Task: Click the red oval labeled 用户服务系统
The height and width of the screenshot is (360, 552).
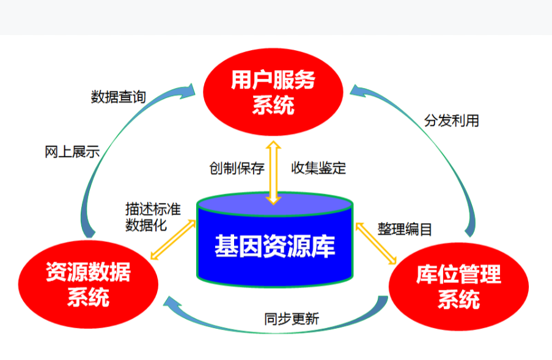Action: pyautogui.click(x=273, y=92)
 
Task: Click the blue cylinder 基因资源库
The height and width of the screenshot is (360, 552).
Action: pyautogui.click(x=274, y=242)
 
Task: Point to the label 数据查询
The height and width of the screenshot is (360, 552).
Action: pyautogui.click(x=119, y=97)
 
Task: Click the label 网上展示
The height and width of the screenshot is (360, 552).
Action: pyautogui.click(x=72, y=152)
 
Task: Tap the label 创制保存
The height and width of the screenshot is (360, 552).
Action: pyautogui.click(x=237, y=168)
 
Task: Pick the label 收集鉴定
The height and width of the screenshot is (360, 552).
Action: pyautogui.click(x=318, y=168)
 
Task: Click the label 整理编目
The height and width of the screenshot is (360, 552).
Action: pyautogui.click(x=405, y=229)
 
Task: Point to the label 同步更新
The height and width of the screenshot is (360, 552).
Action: pyautogui.click(x=292, y=319)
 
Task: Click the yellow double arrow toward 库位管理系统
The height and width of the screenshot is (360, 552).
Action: pyautogui.click(x=377, y=243)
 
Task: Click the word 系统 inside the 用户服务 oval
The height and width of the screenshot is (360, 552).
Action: pyautogui.click(x=273, y=105)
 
